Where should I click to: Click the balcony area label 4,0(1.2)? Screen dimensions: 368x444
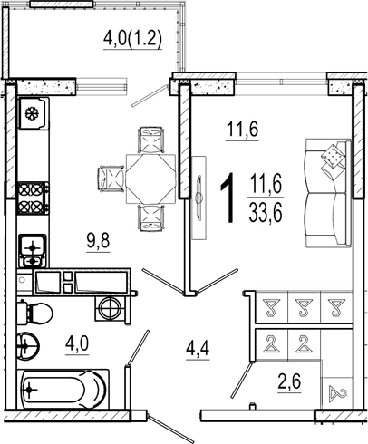[133, 40]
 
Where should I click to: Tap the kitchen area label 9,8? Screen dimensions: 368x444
[98, 242]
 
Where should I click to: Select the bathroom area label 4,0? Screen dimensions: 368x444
[77, 344]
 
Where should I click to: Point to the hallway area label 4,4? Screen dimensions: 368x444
[198, 351]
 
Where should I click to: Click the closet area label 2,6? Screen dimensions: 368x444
[289, 382]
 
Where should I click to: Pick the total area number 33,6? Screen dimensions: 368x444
[266, 213]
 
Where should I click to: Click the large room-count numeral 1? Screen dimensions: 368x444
[228, 198]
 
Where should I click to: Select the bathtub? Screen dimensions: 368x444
[63, 390]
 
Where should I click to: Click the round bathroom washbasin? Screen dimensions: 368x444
[28, 346]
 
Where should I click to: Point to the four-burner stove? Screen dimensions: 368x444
[33, 198]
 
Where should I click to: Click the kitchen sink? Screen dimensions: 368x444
[33, 251]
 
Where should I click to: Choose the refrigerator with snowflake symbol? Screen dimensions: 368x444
[33, 113]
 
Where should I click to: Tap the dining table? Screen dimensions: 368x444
[150, 179]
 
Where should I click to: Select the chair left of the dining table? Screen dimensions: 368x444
[111, 179]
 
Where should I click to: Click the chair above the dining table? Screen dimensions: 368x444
[151, 140]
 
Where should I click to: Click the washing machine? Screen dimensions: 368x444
[111, 309]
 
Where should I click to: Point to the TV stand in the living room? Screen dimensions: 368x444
[199, 198]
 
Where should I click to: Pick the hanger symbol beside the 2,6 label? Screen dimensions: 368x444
[338, 394]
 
